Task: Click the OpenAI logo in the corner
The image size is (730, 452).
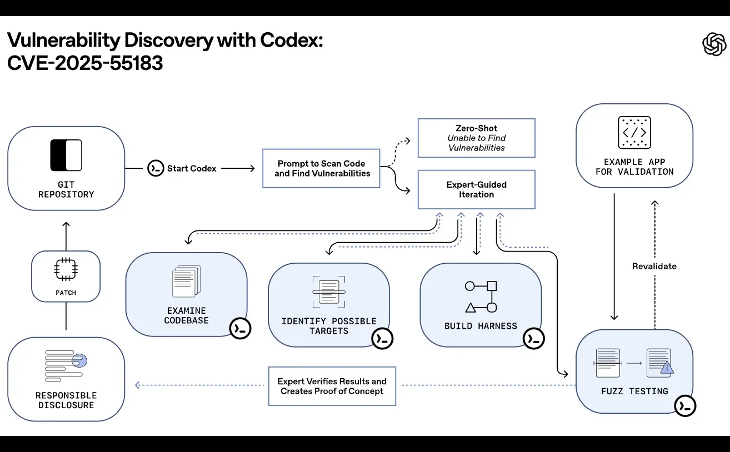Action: [x=714, y=44]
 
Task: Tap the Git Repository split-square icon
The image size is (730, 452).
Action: [x=66, y=155]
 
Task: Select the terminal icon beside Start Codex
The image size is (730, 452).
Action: [x=156, y=168]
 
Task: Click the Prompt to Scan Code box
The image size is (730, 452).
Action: [x=322, y=168]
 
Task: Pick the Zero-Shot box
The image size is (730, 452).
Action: [x=476, y=138]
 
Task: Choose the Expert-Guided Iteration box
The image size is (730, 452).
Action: [x=476, y=189]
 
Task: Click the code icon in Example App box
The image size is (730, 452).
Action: [x=634, y=133]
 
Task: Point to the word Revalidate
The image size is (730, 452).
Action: [x=654, y=266]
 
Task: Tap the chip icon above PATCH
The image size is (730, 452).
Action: [x=66, y=269]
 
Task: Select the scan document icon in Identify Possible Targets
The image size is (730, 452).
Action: [x=329, y=292]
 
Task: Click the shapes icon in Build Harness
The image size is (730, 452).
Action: [x=481, y=297]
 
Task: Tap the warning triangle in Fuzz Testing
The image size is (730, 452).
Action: [x=667, y=367]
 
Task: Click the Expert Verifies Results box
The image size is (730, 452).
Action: [x=332, y=386]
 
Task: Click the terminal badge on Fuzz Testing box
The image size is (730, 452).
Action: [x=686, y=406]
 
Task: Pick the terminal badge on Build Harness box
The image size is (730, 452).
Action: [x=534, y=338]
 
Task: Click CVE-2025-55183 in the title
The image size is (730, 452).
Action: [x=85, y=63]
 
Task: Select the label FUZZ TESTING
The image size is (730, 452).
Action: [x=634, y=391]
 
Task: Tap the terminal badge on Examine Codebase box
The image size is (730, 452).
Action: [x=241, y=328]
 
